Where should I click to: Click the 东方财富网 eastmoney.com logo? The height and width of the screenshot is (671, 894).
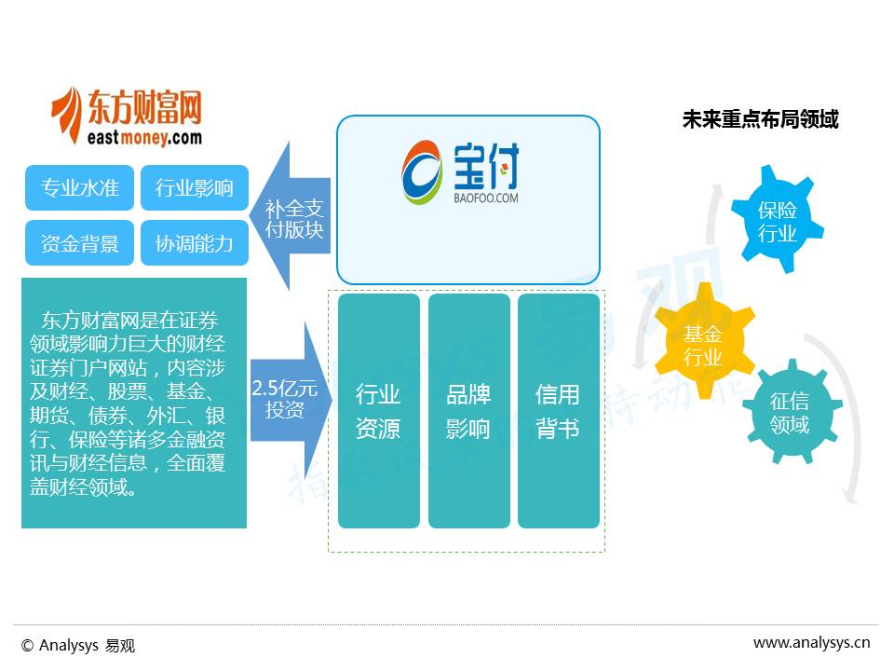pos(127,116)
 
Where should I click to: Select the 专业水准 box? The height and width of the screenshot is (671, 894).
pos(80,187)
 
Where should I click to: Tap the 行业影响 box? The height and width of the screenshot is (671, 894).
pos(195,187)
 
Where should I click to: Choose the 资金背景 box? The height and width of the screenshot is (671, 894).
pos(80,243)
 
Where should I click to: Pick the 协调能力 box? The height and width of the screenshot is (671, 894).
pos(195,243)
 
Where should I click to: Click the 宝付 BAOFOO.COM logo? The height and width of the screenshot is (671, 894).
pos(462,172)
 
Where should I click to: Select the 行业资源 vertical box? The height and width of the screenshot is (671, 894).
pos(378,411)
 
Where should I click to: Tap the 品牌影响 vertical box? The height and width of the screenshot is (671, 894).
pos(468,411)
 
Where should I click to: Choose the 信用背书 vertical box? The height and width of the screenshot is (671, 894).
pos(558,411)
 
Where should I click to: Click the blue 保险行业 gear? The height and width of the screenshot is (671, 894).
pos(777,222)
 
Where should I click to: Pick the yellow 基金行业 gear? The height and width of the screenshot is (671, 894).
pos(703,344)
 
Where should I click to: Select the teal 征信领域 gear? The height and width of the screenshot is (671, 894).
pos(790,414)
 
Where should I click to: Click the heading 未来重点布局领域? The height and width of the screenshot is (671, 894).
pos(760,120)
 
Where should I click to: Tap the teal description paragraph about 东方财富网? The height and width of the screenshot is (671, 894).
pos(134,403)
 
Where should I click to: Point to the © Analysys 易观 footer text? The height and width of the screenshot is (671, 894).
pos(78,645)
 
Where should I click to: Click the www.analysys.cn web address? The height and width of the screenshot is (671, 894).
pos(811,642)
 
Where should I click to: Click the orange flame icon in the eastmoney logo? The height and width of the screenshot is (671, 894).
pos(67,116)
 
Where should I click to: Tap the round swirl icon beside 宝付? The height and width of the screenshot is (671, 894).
pos(422,173)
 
